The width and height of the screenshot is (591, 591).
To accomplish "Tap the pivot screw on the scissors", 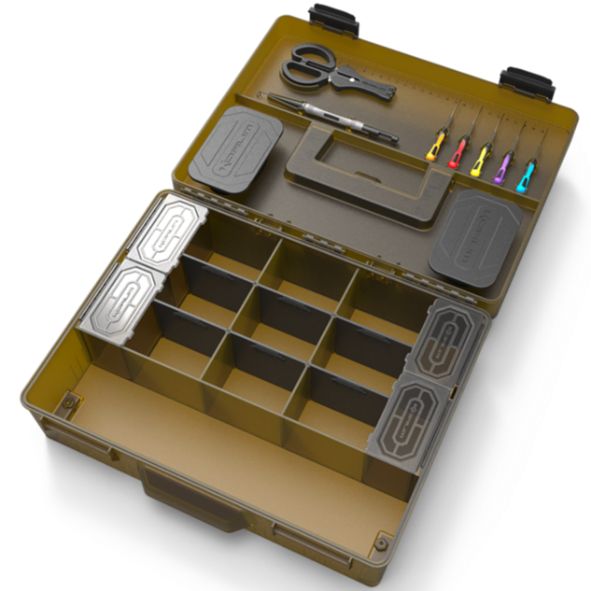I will pyautogui.click(x=351, y=80).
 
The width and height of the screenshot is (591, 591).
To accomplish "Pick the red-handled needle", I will pyautogui.click(x=457, y=152).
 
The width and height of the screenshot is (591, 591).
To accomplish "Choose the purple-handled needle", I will pyautogui.click(x=503, y=166).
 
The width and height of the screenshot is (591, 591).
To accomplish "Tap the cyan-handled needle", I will pyautogui.click(x=527, y=174).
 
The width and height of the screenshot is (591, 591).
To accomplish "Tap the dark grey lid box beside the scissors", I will pyautogui.click(x=237, y=147).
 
